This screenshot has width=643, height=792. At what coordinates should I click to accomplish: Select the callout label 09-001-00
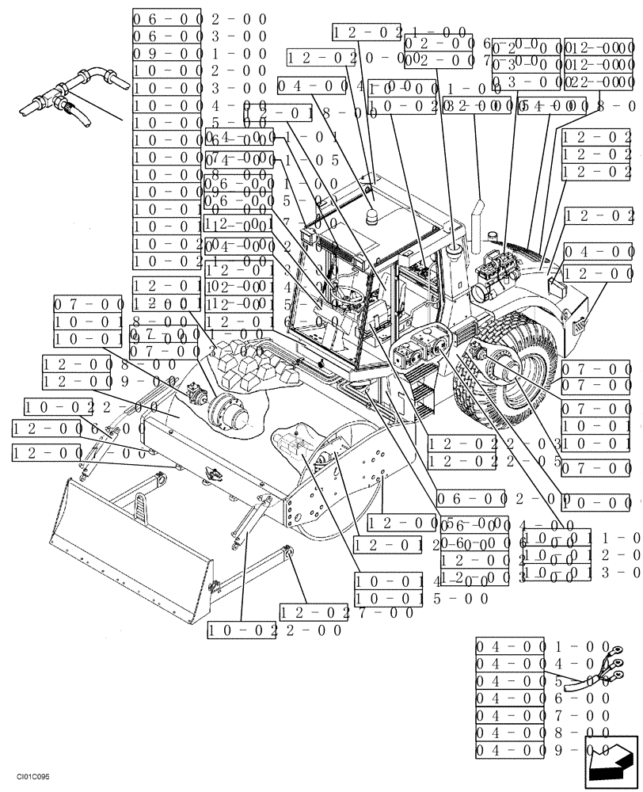200,54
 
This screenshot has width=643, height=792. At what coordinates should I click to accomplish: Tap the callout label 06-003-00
200,36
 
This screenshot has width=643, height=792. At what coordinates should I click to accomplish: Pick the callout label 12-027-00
346,612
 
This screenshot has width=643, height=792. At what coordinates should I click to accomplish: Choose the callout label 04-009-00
542,749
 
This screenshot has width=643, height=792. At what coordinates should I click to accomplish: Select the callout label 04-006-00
542,697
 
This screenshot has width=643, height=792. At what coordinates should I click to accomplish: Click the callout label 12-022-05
495,461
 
